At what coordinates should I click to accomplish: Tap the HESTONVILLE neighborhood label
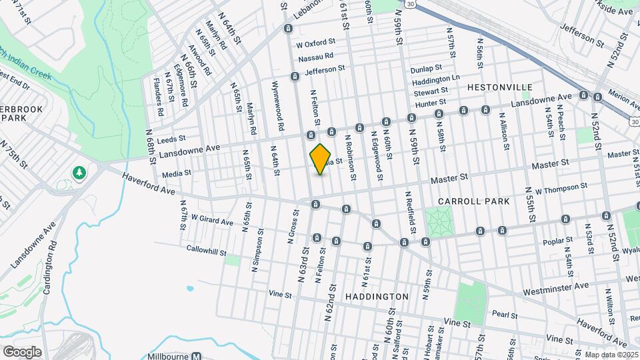coord(499,87)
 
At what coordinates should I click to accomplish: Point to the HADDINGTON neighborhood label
coord(377,296)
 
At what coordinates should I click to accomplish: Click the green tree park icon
coord(80,173)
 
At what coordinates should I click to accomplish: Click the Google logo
coord(22,351)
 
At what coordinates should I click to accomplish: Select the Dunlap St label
coord(427,68)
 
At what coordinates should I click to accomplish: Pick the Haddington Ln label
coord(436,80)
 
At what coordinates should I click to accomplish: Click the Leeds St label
coord(171,139)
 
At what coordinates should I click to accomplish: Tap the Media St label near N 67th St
coord(177,173)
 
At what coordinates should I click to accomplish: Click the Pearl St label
coord(505,313)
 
